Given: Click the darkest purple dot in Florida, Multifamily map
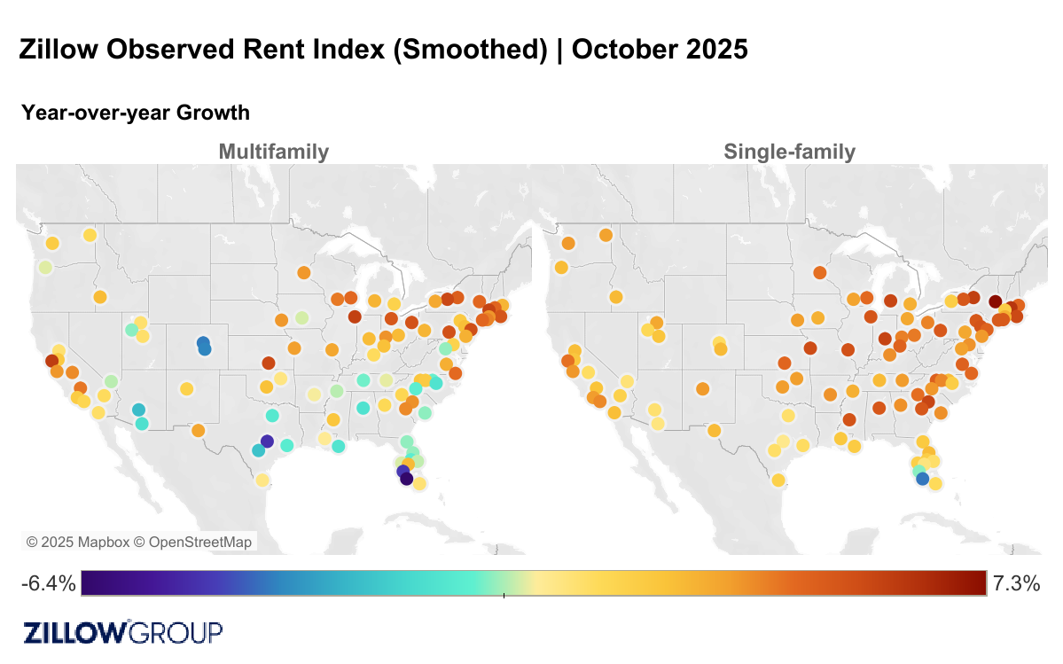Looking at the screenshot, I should [x=406, y=479].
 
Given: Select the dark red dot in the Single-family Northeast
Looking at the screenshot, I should [x=995, y=301].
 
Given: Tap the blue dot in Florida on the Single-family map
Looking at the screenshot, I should [x=922, y=479].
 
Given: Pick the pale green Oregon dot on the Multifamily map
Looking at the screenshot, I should [x=45, y=267].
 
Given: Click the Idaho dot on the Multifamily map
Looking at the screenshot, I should [x=99, y=297].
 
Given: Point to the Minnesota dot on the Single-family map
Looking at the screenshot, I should [x=819, y=272].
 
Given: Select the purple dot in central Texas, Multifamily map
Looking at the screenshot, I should [x=268, y=441].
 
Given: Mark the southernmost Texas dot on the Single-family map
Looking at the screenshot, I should [x=778, y=480].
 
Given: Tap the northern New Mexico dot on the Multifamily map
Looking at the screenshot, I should [x=186, y=388].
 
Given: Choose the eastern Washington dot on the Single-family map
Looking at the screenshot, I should [x=606, y=235].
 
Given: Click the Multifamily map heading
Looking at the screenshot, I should [x=273, y=152].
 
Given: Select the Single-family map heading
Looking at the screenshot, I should [x=789, y=152].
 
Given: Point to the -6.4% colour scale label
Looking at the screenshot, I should [x=48, y=583].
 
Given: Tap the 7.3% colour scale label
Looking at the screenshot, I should [x=1015, y=583].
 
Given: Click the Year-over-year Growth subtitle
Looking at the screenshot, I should [x=136, y=113].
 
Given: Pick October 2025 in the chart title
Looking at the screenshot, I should [x=660, y=50].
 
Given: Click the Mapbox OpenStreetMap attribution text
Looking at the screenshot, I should [x=139, y=542].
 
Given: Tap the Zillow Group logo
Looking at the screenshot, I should [x=122, y=632].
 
